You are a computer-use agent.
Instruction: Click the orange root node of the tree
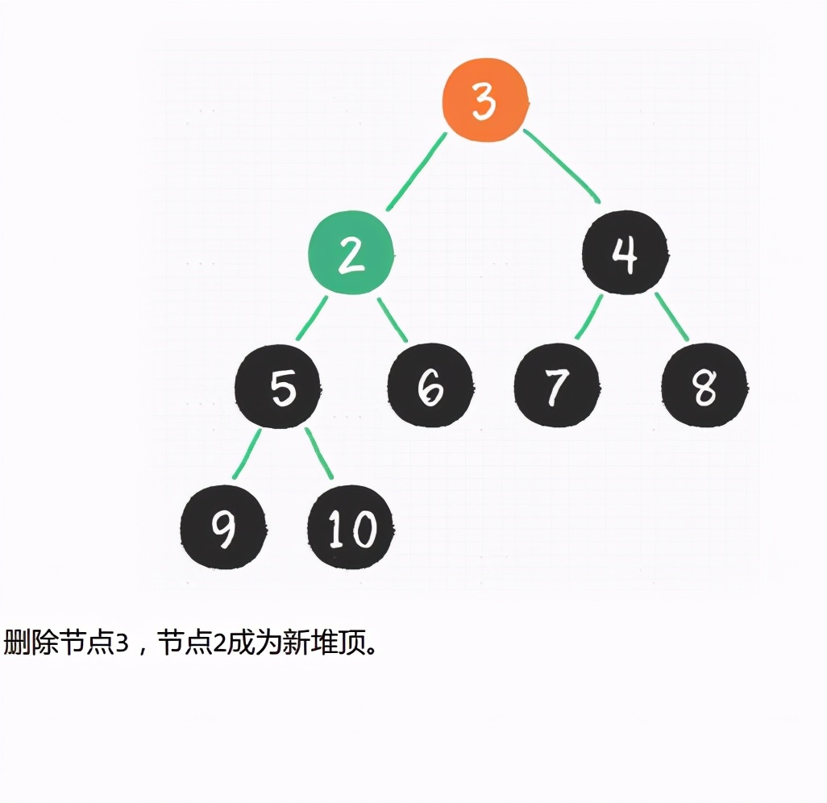[485, 100]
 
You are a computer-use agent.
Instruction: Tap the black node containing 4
[625, 252]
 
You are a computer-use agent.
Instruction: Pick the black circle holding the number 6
[430, 385]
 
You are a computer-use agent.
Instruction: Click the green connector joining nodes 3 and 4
[562, 165]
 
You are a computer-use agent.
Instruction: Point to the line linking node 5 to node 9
[247, 454]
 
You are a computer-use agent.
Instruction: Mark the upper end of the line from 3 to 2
[445, 134]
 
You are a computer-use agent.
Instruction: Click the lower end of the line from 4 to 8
[687, 339]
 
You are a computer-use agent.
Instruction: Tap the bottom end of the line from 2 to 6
[405, 340]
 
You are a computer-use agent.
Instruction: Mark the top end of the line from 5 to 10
[307, 429]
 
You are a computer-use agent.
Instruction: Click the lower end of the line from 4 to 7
[577, 338]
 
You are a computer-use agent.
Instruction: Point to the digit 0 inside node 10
[363, 529]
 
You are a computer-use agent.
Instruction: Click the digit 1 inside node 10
[335, 529]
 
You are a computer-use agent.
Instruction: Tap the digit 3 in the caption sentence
[123, 643]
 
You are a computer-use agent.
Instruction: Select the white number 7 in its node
[557, 387]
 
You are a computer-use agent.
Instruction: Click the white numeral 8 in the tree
[704, 387]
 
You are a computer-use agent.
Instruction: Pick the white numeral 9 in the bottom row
[223, 529]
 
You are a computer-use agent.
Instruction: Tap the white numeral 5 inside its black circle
[283, 388]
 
